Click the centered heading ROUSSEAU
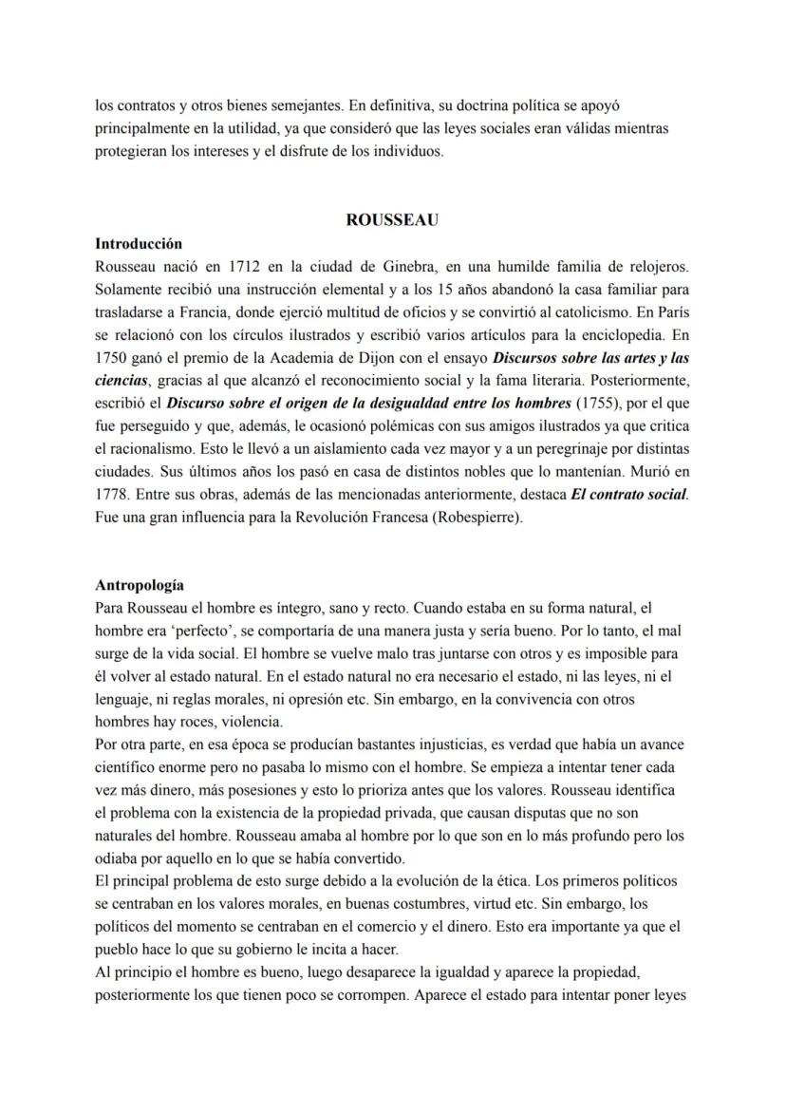point(392,220)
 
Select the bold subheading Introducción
point(139,244)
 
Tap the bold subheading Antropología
point(140,585)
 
